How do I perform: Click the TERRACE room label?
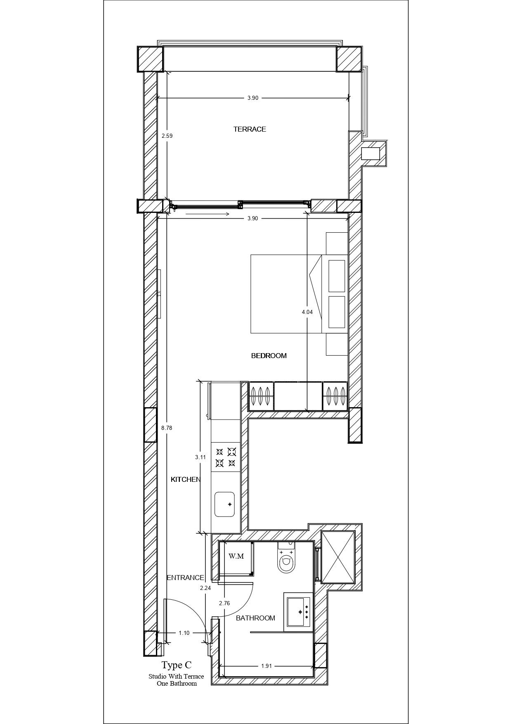(250, 129)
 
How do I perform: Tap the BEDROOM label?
(269, 356)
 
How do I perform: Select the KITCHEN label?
(186, 479)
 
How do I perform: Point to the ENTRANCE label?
(185, 578)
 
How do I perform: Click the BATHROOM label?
(255, 618)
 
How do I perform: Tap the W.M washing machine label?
(236, 556)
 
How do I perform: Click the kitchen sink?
(224, 504)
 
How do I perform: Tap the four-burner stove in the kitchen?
(226, 457)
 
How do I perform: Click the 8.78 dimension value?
(167, 428)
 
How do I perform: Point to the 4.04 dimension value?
(307, 312)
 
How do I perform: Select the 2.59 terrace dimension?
(167, 135)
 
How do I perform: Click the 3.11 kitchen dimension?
(201, 457)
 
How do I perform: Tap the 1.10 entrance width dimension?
(184, 633)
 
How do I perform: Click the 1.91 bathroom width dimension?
(267, 666)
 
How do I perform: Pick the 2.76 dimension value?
(224, 603)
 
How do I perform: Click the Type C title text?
(177, 665)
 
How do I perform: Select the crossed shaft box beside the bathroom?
(338, 557)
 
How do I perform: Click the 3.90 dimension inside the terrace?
(253, 98)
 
